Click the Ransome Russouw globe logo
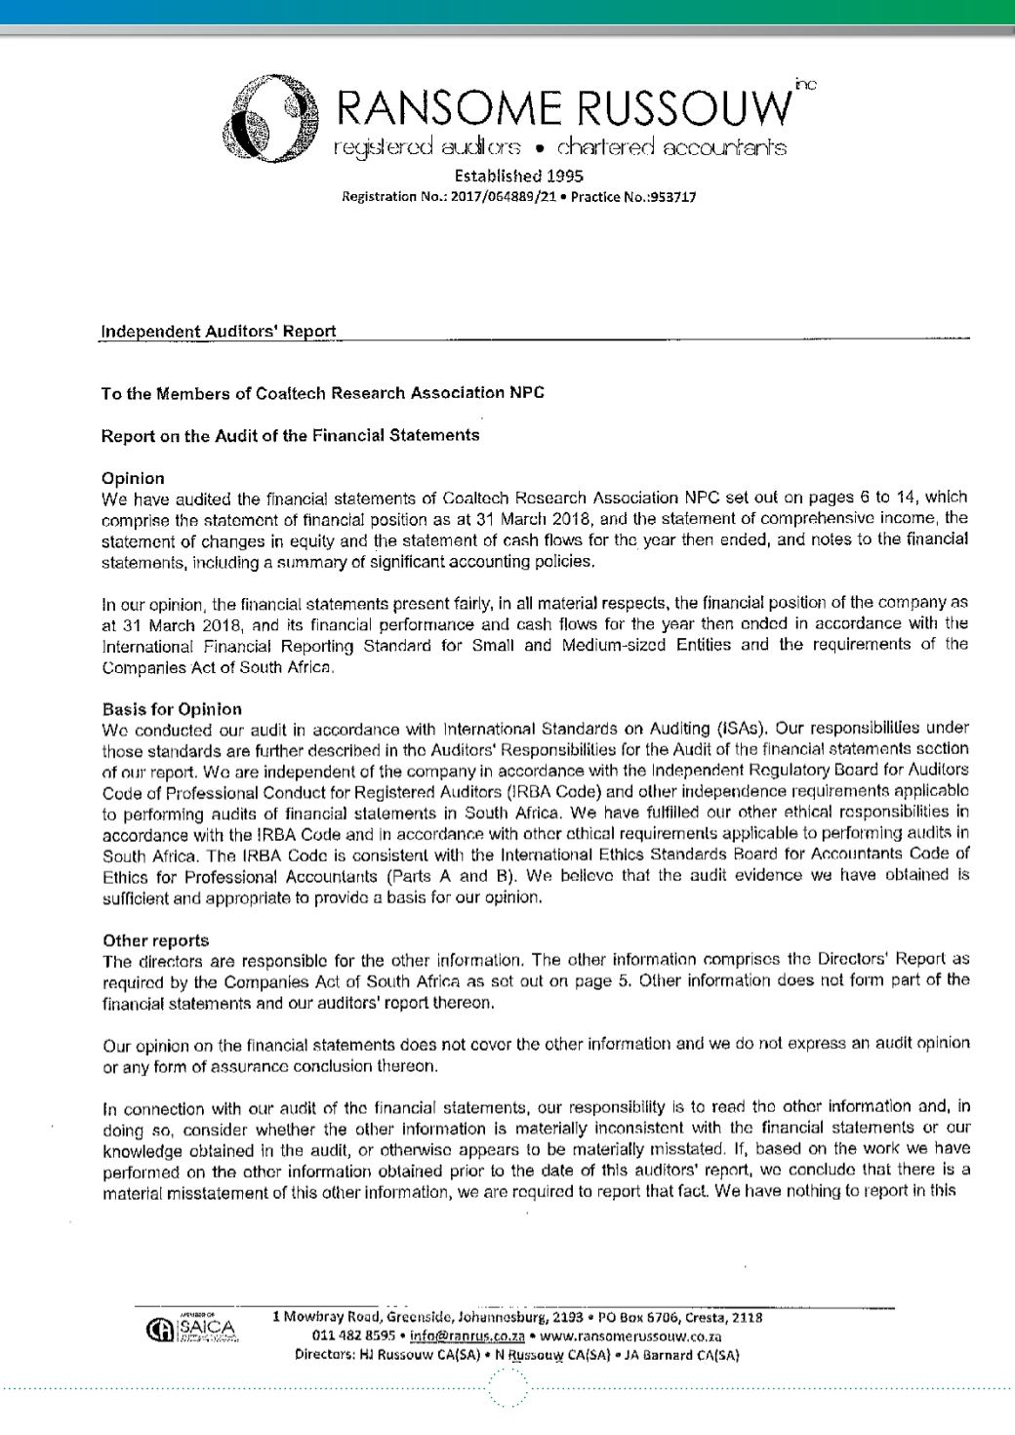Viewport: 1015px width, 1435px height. pos(270,124)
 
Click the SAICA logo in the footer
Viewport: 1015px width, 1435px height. pos(202,1330)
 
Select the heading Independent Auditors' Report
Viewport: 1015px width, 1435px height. pos(219,331)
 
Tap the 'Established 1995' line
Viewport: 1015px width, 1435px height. pos(518,177)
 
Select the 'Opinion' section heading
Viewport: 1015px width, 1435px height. pos(133,478)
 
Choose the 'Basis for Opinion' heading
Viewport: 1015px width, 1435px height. pos(172,708)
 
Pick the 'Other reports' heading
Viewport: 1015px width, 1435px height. pos(155,939)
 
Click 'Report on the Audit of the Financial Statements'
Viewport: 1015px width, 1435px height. pos(290,435)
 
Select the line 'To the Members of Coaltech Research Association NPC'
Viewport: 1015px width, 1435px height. pos(323,393)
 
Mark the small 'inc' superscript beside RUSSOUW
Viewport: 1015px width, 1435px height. pos(805,86)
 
